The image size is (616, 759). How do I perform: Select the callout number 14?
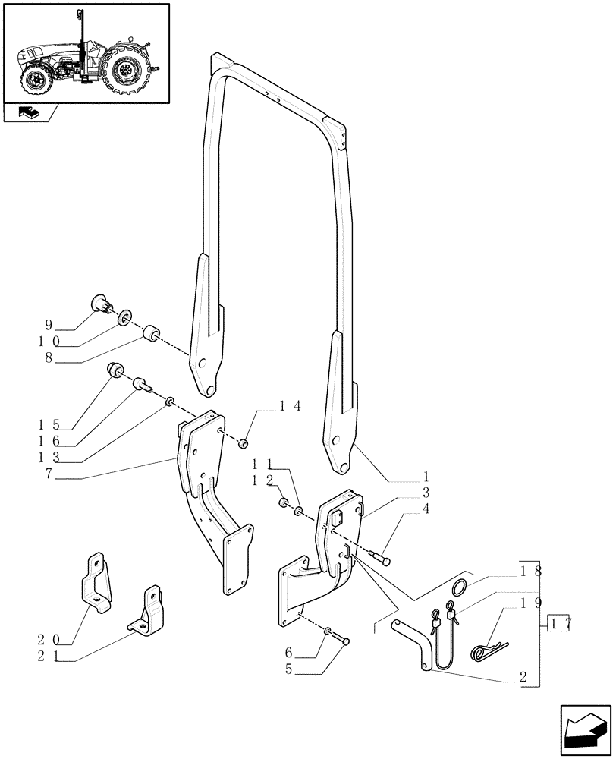pos(291,406)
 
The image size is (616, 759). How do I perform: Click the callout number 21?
pos(48,658)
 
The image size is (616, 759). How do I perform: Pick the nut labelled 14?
pos(244,442)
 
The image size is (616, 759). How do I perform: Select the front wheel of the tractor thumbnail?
pos(35,79)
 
